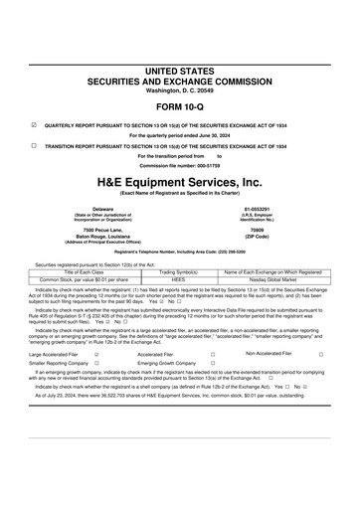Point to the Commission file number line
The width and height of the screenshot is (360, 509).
[x=179, y=165]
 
